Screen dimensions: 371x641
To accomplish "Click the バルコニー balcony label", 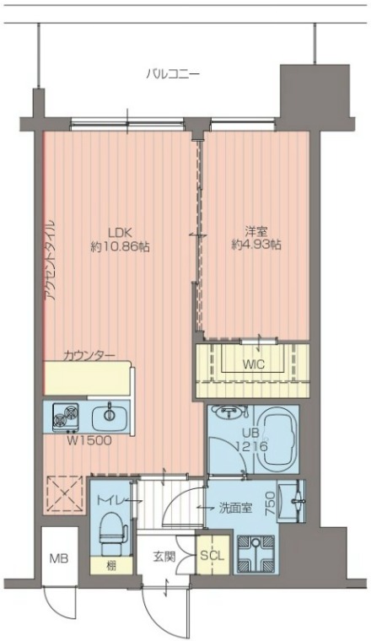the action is [173, 74].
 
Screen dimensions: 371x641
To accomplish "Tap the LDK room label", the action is [119, 233].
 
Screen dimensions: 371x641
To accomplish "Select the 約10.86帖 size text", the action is [119, 246].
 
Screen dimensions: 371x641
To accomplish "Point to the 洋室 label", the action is [256, 232].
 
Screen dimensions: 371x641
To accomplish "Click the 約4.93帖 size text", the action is [256, 245].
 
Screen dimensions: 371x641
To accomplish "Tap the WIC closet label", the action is [253, 364].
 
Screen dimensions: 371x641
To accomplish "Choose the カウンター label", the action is [89, 356].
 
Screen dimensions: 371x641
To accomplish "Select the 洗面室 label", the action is [235, 508].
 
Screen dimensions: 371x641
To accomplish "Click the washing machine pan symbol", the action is [255, 552].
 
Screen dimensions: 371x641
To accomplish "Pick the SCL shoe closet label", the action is [212, 556].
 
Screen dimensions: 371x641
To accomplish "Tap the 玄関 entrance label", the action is [164, 557].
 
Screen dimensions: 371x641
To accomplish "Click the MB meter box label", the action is [59, 558].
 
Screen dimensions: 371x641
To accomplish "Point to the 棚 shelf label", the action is [110, 566].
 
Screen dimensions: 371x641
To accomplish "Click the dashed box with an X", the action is [65, 493].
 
